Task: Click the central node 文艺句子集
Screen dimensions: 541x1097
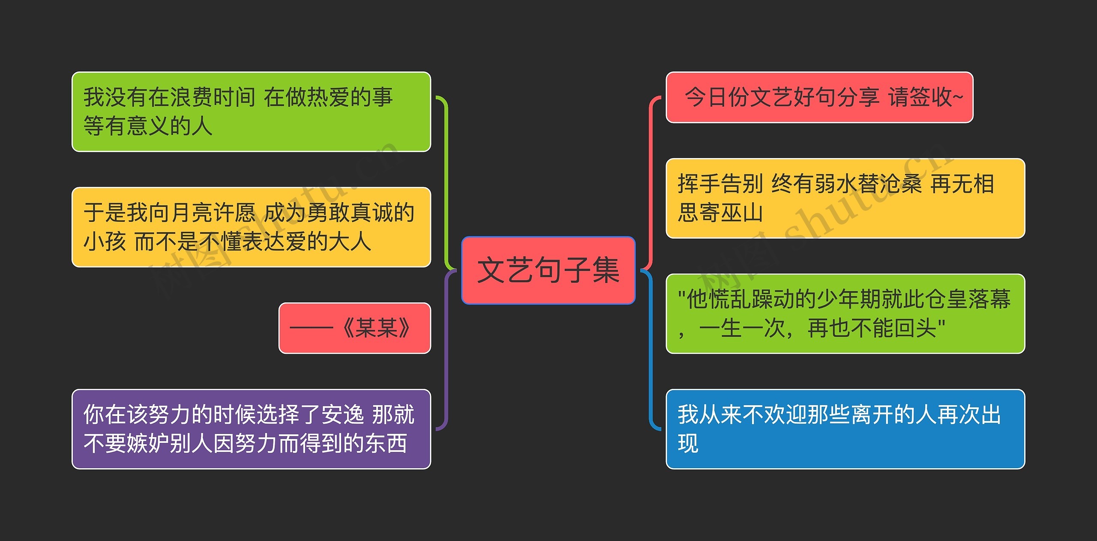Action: (548, 270)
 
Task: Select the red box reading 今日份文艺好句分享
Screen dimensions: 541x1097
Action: (819, 97)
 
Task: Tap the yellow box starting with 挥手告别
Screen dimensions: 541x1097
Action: (845, 198)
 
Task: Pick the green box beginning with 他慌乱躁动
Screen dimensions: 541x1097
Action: (845, 314)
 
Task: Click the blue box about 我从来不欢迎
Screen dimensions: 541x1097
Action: (845, 429)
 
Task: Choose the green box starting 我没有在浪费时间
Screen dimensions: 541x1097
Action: (251, 111)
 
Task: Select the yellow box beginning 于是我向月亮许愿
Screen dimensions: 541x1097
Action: (251, 227)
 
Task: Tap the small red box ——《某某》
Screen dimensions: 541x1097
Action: (354, 328)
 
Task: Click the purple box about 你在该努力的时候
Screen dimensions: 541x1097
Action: (251, 429)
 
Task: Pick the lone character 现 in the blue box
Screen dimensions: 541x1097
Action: (688, 443)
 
